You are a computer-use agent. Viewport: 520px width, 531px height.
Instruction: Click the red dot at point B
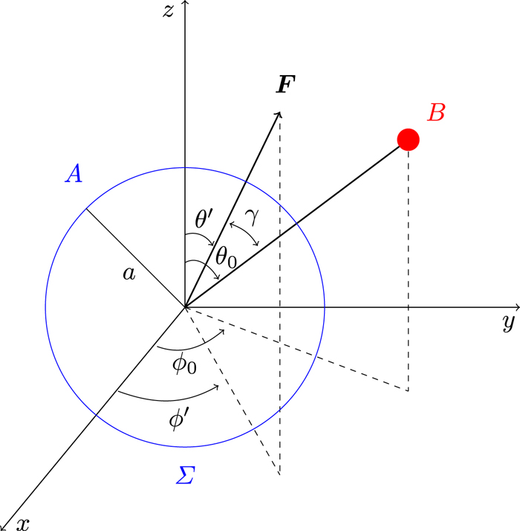408,139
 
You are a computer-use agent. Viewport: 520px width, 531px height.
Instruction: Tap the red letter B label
436,113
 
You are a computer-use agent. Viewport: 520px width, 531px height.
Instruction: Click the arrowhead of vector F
279,114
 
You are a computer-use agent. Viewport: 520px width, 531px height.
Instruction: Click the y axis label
509,324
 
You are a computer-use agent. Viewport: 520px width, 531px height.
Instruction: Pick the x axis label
23,524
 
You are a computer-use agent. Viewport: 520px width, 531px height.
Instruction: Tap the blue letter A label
74,173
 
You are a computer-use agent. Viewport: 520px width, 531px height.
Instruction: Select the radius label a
129,274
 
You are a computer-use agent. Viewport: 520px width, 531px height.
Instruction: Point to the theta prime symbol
204,219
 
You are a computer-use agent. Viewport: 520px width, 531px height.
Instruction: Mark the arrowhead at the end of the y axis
516,306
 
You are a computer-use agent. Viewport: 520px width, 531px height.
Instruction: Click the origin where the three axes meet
185,306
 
